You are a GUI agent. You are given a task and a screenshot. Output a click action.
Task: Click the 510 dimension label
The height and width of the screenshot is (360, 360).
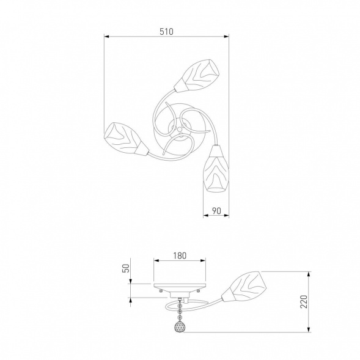coord(166,32)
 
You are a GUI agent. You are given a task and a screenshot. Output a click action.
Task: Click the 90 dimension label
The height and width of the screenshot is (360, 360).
coord(216,211)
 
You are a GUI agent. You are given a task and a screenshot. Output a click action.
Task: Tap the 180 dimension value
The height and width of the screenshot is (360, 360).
coord(180,255)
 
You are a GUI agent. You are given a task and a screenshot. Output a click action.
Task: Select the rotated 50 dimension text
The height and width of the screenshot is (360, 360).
coord(127,268)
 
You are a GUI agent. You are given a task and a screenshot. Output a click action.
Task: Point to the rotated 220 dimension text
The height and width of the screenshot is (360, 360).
coord(304,302)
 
